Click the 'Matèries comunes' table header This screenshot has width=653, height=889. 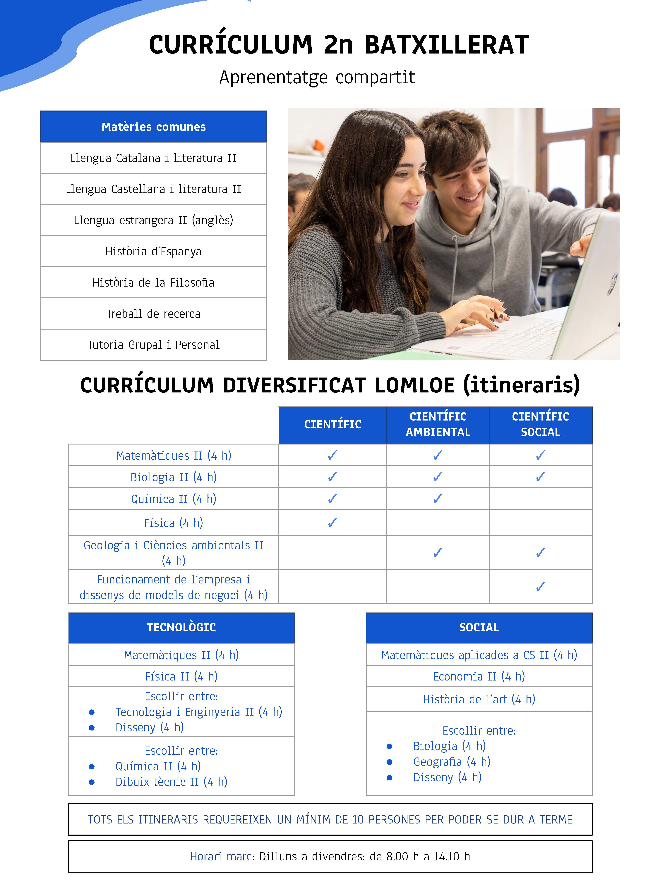(x=153, y=127)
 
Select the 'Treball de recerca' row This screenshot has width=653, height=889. (x=153, y=314)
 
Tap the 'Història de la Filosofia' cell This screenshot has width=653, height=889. (x=153, y=282)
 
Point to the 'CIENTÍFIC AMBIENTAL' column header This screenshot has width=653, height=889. (x=438, y=424)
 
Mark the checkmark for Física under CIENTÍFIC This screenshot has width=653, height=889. (x=333, y=522)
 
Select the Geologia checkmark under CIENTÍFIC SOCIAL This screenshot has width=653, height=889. (x=540, y=552)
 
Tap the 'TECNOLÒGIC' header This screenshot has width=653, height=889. (x=181, y=627)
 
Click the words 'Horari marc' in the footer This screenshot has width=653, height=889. (x=222, y=857)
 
